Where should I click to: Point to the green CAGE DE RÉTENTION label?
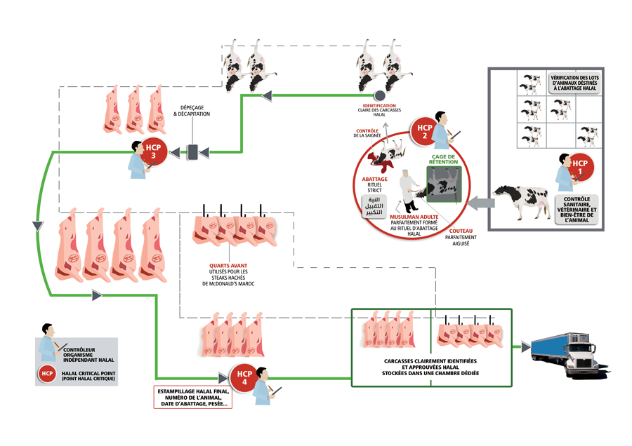(444, 158)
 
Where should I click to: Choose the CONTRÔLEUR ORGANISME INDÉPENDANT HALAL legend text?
(88, 355)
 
